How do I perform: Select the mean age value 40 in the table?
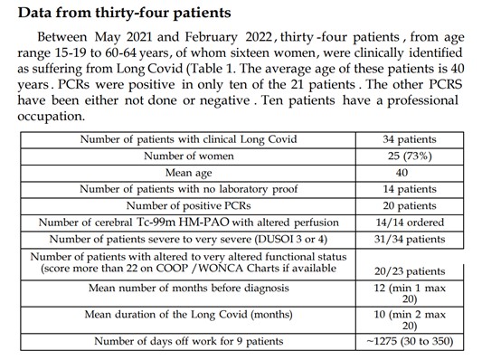402,172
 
